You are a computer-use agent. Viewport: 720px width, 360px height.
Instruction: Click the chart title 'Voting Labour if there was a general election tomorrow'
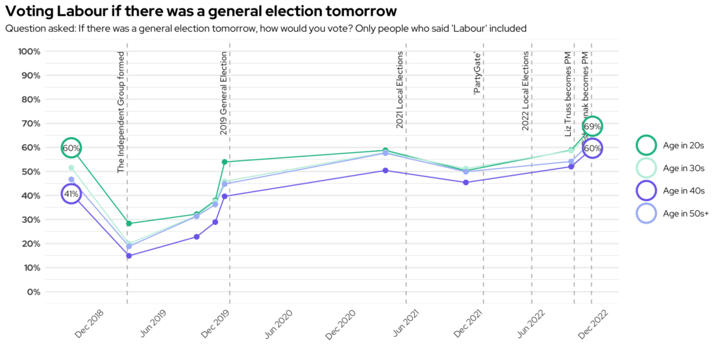[x=200, y=12]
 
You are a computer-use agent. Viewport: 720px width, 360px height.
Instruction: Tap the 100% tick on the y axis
[x=30, y=52]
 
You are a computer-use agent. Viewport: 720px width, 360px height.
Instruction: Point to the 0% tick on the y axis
[x=32, y=292]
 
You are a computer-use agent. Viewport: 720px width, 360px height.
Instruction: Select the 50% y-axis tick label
[x=30, y=172]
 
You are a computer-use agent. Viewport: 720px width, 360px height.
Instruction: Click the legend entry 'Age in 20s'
[x=683, y=146]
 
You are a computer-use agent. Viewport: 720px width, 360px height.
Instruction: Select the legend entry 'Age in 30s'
[x=683, y=168]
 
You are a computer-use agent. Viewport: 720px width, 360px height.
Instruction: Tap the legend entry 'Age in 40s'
[x=683, y=191]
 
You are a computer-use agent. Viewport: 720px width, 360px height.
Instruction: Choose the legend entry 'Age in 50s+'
[x=686, y=213]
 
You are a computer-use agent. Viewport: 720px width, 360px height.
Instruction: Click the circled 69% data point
[x=592, y=127]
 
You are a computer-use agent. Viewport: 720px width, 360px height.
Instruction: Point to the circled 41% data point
[x=71, y=194]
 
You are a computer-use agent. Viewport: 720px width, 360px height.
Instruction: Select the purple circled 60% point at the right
[x=592, y=148]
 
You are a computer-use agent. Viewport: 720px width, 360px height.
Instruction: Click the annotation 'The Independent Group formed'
[x=121, y=112]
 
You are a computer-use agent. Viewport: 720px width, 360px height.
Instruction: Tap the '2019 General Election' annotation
[x=224, y=93]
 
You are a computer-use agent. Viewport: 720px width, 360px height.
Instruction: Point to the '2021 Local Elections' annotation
[x=399, y=90]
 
